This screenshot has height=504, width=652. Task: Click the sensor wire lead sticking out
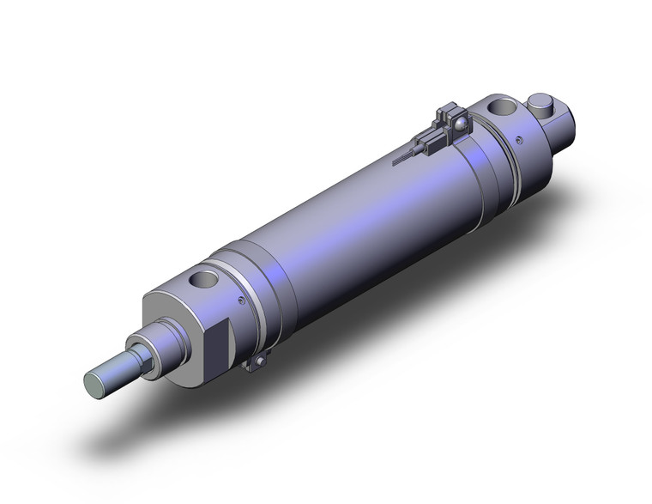point(402,158)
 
